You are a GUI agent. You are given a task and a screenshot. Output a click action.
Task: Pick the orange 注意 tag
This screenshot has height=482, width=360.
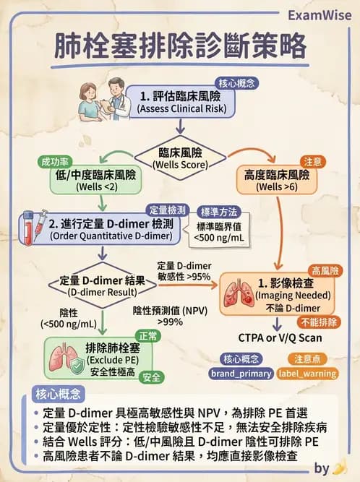[x=312, y=164]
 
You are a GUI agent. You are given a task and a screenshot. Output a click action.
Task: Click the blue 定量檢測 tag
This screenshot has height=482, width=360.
[x=168, y=210]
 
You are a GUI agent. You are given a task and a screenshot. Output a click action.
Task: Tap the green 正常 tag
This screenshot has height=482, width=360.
[x=148, y=337]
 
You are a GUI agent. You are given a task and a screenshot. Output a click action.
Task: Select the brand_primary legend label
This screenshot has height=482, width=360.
[x=241, y=373]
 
